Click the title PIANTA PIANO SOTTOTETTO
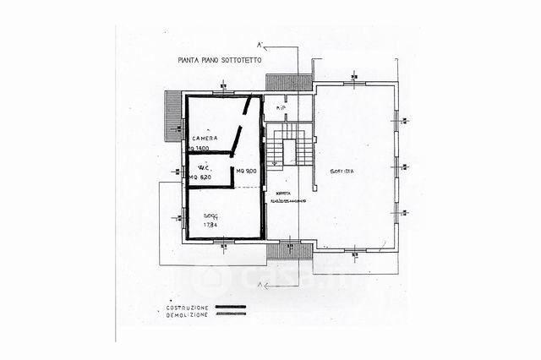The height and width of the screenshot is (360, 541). pyautogui.click(x=220, y=60)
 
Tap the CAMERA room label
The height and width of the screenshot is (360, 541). pyautogui.click(x=204, y=138)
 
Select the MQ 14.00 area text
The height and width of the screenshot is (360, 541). pyautogui.click(x=199, y=148)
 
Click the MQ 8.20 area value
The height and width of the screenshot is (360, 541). pyautogui.click(x=200, y=177)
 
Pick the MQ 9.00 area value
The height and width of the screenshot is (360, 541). pyautogui.click(x=247, y=172)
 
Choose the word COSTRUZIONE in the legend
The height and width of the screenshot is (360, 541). pyautogui.click(x=187, y=306)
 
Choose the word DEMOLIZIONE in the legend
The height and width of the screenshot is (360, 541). pyautogui.click(x=187, y=314)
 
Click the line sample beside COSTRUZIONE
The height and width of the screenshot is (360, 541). pyautogui.click(x=231, y=306)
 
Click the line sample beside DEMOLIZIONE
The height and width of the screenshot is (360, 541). pyautogui.click(x=231, y=314)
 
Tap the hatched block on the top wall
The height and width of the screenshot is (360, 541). pyautogui.click(x=288, y=83)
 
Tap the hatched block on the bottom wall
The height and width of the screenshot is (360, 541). pyautogui.click(x=290, y=251)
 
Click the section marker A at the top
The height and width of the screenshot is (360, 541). pyautogui.click(x=260, y=45)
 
